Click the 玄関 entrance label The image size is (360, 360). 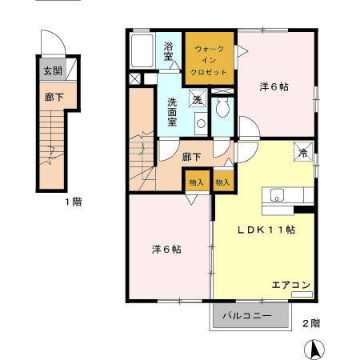[x=53, y=71]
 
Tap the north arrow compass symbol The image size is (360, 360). [x=314, y=349]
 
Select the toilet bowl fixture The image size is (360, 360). [x=222, y=107]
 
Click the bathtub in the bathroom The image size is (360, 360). [x=142, y=50]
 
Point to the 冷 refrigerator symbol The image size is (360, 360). [x=303, y=152]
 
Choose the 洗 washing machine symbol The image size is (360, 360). [x=198, y=99]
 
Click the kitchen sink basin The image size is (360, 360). [x=277, y=195]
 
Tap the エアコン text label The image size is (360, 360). [x=291, y=285]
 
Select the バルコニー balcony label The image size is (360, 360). [x=247, y=316]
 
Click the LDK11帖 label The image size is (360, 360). [x=266, y=230]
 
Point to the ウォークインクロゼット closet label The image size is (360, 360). [x=210, y=61]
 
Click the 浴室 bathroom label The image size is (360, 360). [x=168, y=51]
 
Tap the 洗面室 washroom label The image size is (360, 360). [x=172, y=112]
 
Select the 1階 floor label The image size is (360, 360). [x=74, y=202]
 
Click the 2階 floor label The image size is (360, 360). [x=311, y=323]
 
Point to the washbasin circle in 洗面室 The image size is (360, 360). [x=201, y=123]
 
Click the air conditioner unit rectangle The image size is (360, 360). [x=302, y=294]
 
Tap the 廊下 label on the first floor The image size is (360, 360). [x=54, y=97]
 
